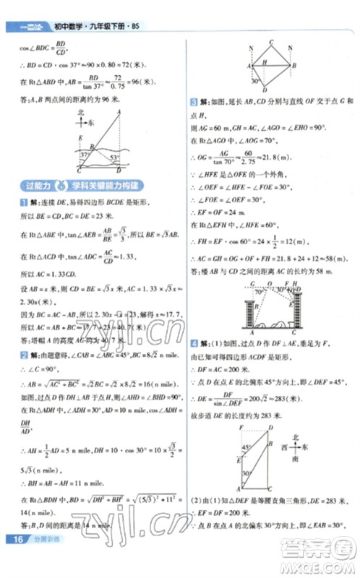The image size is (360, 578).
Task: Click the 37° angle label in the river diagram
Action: pos(85,154)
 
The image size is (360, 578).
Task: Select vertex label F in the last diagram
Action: pos(239,428)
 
